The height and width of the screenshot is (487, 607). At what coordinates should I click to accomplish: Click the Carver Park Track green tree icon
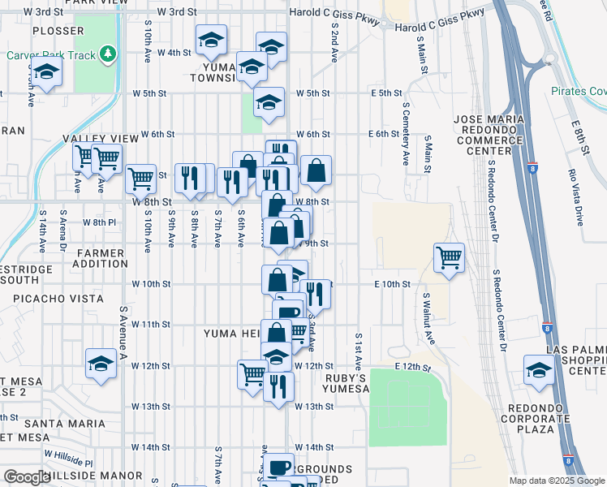click(x=108, y=54)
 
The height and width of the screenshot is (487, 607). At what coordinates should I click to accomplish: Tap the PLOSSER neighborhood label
click(x=58, y=31)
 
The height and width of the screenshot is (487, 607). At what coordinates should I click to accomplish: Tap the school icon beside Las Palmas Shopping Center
click(x=539, y=369)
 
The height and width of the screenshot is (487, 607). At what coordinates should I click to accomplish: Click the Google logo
click(x=27, y=477)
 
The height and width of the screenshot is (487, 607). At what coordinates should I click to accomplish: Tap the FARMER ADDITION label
click(x=101, y=258)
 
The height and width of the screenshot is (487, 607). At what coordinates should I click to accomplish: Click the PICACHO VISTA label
click(x=54, y=299)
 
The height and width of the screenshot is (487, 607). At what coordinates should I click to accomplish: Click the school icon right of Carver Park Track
click(x=211, y=39)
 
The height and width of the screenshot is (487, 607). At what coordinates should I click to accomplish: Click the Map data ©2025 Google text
click(x=556, y=481)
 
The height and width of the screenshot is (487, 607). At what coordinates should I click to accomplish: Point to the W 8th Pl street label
click(x=100, y=222)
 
